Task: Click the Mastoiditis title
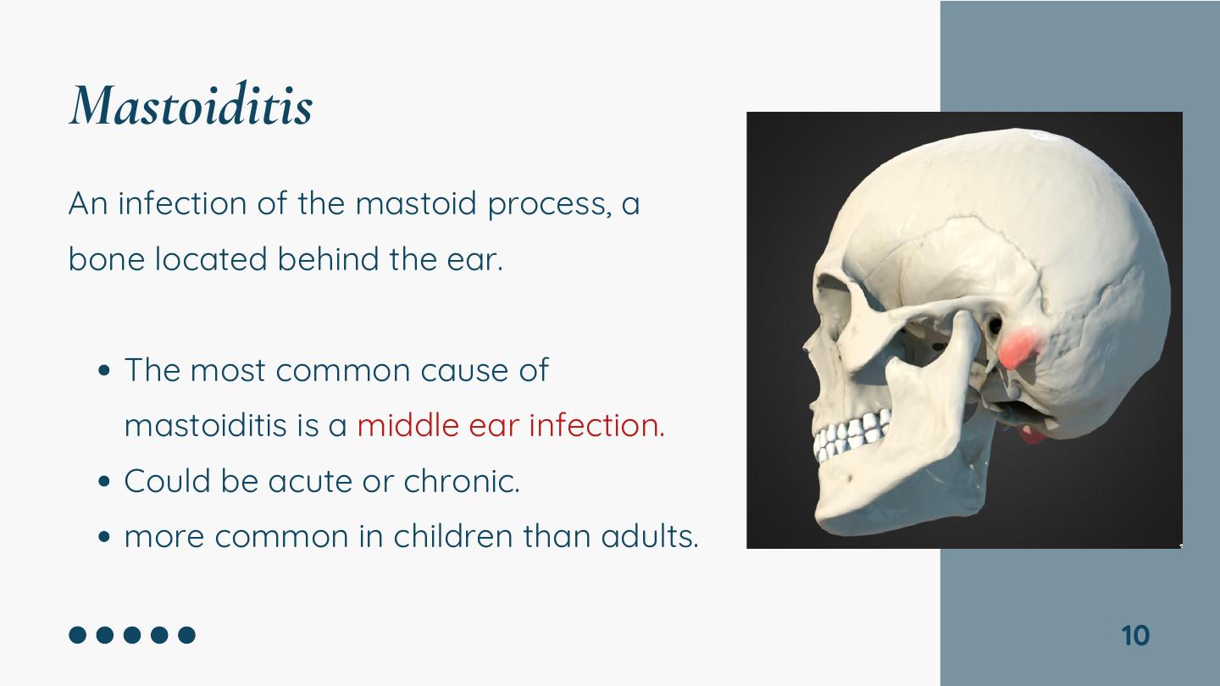[x=191, y=104]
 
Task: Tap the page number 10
[x=1135, y=635]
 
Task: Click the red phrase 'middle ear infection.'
[x=511, y=425]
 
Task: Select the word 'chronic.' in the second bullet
[x=462, y=481]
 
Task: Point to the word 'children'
[x=453, y=536]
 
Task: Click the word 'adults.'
[x=650, y=536]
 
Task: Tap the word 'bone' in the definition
[x=107, y=258]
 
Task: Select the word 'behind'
[x=329, y=258]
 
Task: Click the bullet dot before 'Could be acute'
[x=104, y=482]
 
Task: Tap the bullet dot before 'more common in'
[x=104, y=537]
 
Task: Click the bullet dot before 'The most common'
[x=104, y=371]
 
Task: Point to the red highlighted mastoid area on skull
[x=1018, y=347]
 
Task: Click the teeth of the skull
[x=852, y=434]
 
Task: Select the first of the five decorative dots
[x=78, y=635]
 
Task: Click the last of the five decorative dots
[x=186, y=635]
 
